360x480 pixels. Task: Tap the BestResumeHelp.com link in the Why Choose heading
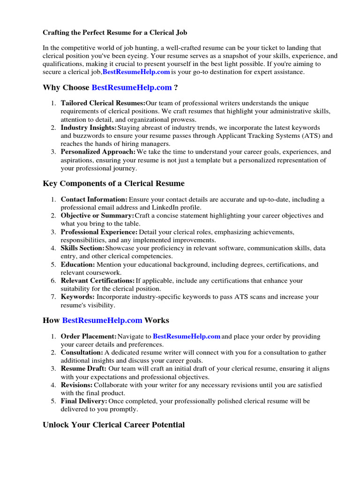pos(132,88)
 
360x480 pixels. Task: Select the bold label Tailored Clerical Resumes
pos(103,103)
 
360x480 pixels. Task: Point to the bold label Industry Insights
pos(89,127)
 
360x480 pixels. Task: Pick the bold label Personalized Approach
pos(98,152)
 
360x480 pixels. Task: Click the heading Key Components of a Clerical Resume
pos(113,184)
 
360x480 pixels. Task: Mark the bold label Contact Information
pos(94,200)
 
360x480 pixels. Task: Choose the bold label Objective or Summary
pos(97,216)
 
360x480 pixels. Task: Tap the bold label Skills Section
pos(82,248)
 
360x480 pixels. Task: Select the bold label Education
pos(78,264)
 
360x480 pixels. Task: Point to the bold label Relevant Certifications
pos(97,281)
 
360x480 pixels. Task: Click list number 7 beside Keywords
pos(53,297)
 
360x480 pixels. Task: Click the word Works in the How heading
pos(157,321)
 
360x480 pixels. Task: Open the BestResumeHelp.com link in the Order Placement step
pos(187,337)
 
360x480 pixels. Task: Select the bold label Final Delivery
pos(84,401)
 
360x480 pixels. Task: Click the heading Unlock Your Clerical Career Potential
pos(113,425)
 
